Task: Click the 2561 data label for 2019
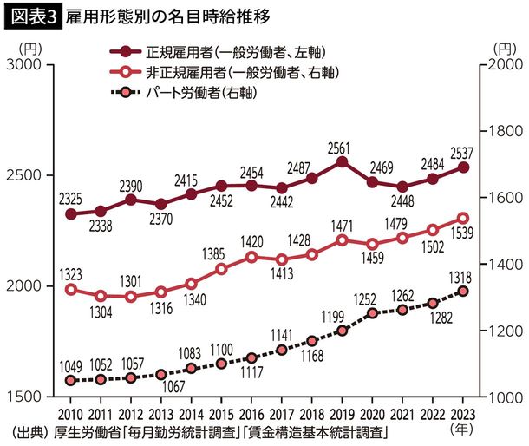[x=342, y=145]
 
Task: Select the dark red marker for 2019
[x=342, y=161]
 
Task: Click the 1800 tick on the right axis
[x=504, y=132]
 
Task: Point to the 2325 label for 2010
[x=71, y=198]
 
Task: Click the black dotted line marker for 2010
[x=71, y=380]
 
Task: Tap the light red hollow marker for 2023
[x=462, y=219]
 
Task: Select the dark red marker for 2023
[x=462, y=167]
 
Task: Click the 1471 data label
[x=342, y=224]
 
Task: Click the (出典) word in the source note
[x=29, y=431]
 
